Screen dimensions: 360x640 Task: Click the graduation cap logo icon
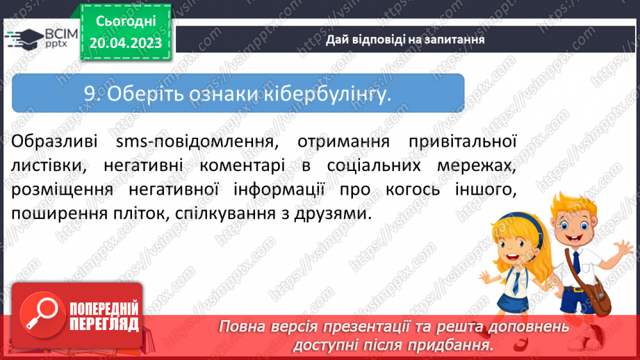click(22, 38)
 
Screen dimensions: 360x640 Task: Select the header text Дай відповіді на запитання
click(405, 40)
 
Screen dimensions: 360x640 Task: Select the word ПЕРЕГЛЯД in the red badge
click(104, 324)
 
